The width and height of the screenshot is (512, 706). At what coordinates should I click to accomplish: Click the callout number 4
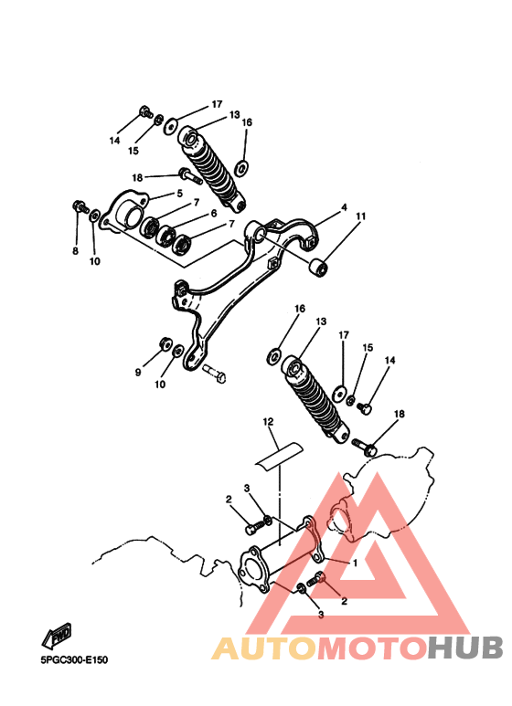tap(345, 207)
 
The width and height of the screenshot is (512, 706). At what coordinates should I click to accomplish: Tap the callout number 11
tap(360, 216)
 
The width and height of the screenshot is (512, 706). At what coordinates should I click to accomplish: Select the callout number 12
tap(268, 422)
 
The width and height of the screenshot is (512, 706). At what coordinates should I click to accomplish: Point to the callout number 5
tap(180, 194)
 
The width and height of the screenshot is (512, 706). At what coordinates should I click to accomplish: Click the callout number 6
tap(213, 213)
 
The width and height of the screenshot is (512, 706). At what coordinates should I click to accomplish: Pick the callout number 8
tap(75, 251)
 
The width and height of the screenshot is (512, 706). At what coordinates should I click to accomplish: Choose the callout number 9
tap(138, 373)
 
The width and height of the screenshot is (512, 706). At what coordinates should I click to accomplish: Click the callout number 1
tap(355, 563)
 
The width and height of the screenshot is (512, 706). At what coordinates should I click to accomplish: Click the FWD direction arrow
tap(57, 636)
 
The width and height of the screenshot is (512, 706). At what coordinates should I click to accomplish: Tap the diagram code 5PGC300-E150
tap(74, 660)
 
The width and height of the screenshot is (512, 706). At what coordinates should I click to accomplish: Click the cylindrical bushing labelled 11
tap(319, 268)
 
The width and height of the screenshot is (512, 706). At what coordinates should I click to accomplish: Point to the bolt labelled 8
tap(80, 207)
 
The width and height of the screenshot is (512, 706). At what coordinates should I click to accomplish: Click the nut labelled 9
tap(165, 343)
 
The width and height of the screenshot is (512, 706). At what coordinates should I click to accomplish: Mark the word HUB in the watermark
tap(465, 648)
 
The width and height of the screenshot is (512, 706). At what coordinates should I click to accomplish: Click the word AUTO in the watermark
tap(265, 648)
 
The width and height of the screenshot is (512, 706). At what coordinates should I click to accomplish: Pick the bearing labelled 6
tap(165, 235)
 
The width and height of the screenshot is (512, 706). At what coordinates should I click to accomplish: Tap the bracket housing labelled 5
tap(125, 213)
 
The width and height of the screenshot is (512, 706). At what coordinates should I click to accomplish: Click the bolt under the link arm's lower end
tap(215, 374)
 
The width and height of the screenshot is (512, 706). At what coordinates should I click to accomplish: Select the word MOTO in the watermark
tap(373, 648)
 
